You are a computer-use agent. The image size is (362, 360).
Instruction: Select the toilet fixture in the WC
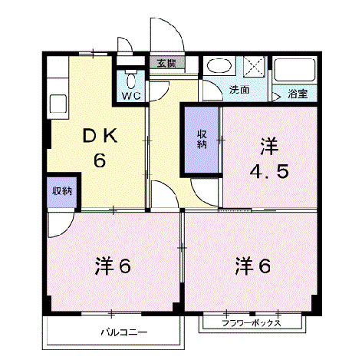click(x=130, y=80)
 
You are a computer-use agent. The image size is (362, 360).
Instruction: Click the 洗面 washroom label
click(x=239, y=91)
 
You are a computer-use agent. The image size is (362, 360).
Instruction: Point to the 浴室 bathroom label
click(x=298, y=94)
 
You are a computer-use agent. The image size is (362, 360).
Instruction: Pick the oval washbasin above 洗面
click(x=220, y=68)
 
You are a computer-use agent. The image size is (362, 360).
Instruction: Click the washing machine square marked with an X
click(x=255, y=68)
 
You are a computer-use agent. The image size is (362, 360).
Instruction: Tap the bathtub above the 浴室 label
click(x=295, y=71)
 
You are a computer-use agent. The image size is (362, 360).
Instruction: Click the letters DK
click(x=100, y=137)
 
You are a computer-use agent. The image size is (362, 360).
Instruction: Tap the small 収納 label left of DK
click(x=62, y=190)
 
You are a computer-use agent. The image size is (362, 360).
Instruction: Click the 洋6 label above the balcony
click(x=114, y=266)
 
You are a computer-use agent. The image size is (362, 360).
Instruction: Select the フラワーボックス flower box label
click(x=252, y=323)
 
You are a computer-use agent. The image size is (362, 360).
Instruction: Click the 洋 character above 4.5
click(x=268, y=144)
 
